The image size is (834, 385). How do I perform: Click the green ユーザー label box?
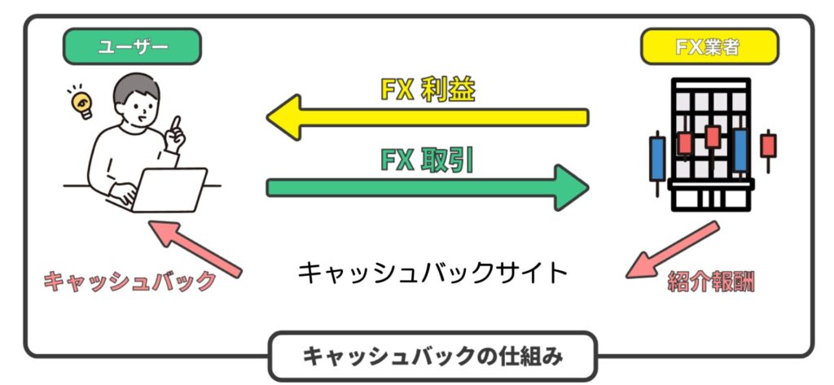tap(132, 47)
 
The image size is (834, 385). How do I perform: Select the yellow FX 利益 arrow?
tap(428, 117)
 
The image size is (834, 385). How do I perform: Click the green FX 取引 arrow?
tap(428, 188)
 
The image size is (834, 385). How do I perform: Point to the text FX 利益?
tap(428, 90)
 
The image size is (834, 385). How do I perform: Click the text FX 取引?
tap(428, 160)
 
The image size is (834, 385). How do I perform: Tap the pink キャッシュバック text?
tap(130, 282)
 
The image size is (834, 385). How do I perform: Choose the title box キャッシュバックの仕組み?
tap(432, 356)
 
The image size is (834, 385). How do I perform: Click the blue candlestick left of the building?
tap(656, 158)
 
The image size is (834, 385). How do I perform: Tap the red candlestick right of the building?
tap(768, 147)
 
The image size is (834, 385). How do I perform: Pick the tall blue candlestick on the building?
tap(740, 151)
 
